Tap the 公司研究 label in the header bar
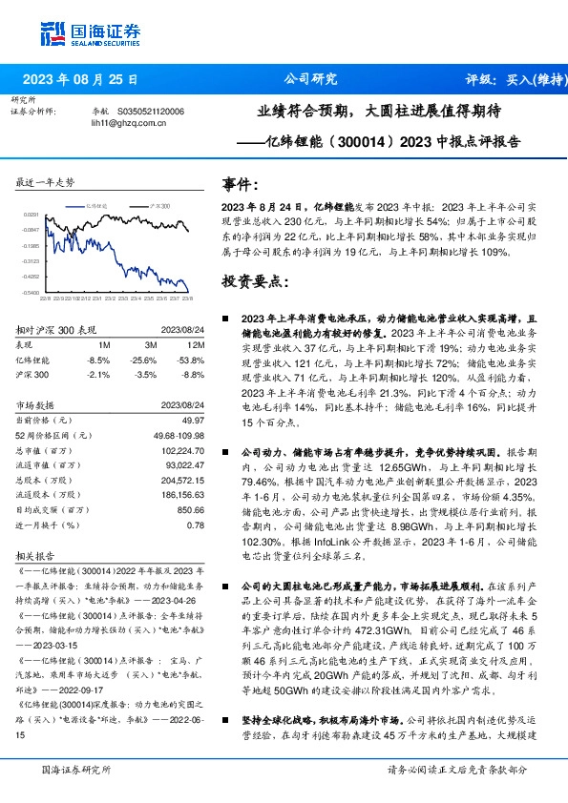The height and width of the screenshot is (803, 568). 311,80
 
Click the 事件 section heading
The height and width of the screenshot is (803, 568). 241,184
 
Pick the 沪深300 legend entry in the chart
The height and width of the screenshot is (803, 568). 158,205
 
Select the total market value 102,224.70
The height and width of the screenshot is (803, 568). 182,450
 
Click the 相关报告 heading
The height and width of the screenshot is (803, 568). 36,554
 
